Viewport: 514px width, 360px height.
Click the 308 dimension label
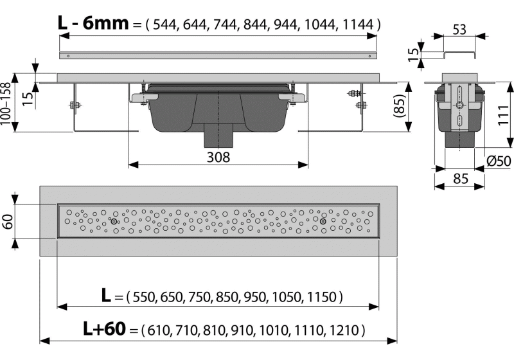(218, 157)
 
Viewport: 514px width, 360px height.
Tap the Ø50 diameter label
(499, 161)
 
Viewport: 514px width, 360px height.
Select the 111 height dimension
(502, 115)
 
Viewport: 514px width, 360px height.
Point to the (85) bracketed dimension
(399, 106)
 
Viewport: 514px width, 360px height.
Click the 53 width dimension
(459, 30)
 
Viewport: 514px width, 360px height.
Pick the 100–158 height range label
(6, 104)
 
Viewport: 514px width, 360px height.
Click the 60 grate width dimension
(7, 221)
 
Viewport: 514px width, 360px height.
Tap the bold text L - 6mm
(93, 23)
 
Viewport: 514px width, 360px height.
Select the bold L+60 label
(104, 328)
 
